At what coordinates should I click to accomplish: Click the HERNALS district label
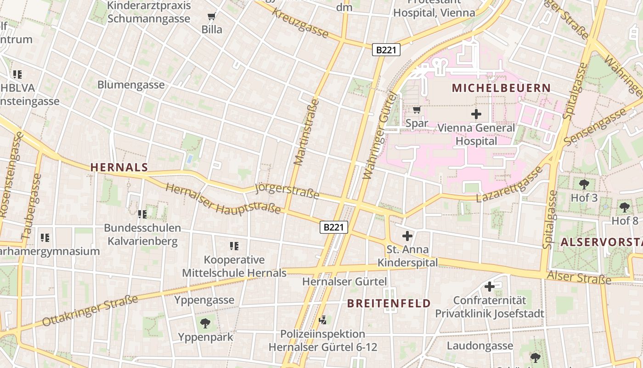click(119, 167)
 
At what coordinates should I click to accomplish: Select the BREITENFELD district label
click(389, 303)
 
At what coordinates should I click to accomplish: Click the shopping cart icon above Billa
click(211, 17)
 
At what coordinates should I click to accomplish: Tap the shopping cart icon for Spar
click(417, 109)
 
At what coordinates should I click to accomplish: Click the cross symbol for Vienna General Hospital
click(476, 114)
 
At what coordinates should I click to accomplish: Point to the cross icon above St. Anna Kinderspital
click(407, 236)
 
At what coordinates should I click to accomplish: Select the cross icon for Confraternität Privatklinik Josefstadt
click(490, 286)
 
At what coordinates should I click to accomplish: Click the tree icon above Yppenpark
click(205, 323)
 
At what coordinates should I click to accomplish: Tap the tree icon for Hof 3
click(584, 184)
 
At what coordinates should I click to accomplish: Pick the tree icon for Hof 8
click(625, 207)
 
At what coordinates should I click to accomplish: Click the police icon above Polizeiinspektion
click(323, 320)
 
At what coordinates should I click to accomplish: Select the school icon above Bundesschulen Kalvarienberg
click(142, 214)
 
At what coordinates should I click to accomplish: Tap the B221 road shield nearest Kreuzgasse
click(386, 50)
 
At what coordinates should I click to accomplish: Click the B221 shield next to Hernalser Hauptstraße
click(334, 227)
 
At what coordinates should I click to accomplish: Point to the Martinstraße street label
click(306, 132)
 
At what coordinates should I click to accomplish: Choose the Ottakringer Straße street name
click(90, 311)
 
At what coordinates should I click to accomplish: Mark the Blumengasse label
click(131, 85)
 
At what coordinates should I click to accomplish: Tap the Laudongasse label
click(479, 345)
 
